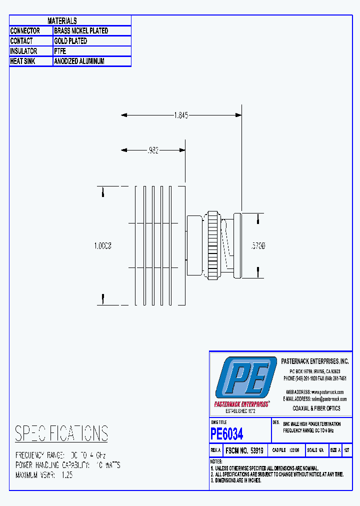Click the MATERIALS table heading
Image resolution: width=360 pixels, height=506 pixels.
tap(62, 21)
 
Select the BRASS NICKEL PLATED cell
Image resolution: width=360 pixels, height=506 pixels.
tap(81, 31)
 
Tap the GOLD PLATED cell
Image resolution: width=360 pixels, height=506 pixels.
tap(70, 41)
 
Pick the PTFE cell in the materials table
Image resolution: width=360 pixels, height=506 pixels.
tap(60, 51)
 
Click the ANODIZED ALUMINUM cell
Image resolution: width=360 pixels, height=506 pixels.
tap(79, 61)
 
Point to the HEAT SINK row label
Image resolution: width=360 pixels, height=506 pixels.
tap(23, 61)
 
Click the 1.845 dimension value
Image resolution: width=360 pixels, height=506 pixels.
tap(180, 115)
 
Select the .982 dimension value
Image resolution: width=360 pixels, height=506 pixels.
tap(153, 150)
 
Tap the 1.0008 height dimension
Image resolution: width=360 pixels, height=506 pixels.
tap(102, 246)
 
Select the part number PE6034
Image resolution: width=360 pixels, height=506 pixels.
tap(227, 433)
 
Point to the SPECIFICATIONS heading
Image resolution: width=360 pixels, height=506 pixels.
tap(61, 433)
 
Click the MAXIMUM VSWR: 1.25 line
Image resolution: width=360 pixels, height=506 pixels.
tap(44, 475)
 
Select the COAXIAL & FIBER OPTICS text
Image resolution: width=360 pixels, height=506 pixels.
tap(316, 408)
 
